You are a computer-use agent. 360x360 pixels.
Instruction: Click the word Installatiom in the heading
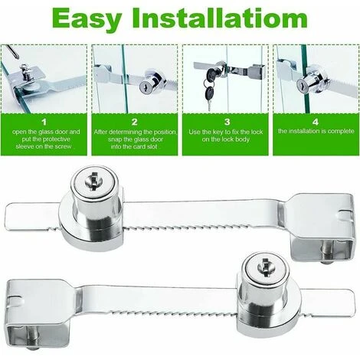click(x=220, y=18)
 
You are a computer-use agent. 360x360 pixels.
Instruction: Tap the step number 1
click(x=44, y=122)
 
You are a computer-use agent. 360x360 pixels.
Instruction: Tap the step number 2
click(x=135, y=122)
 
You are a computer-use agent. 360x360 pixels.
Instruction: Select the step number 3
click(x=227, y=122)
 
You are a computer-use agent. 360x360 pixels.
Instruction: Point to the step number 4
click(x=316, y=122)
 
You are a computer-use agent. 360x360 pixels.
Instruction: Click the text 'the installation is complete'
click(x=316, y=131)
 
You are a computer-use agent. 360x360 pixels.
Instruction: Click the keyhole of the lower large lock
click(x=266, y=267)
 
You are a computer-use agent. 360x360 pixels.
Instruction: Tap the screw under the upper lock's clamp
click(x=326, y=254)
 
